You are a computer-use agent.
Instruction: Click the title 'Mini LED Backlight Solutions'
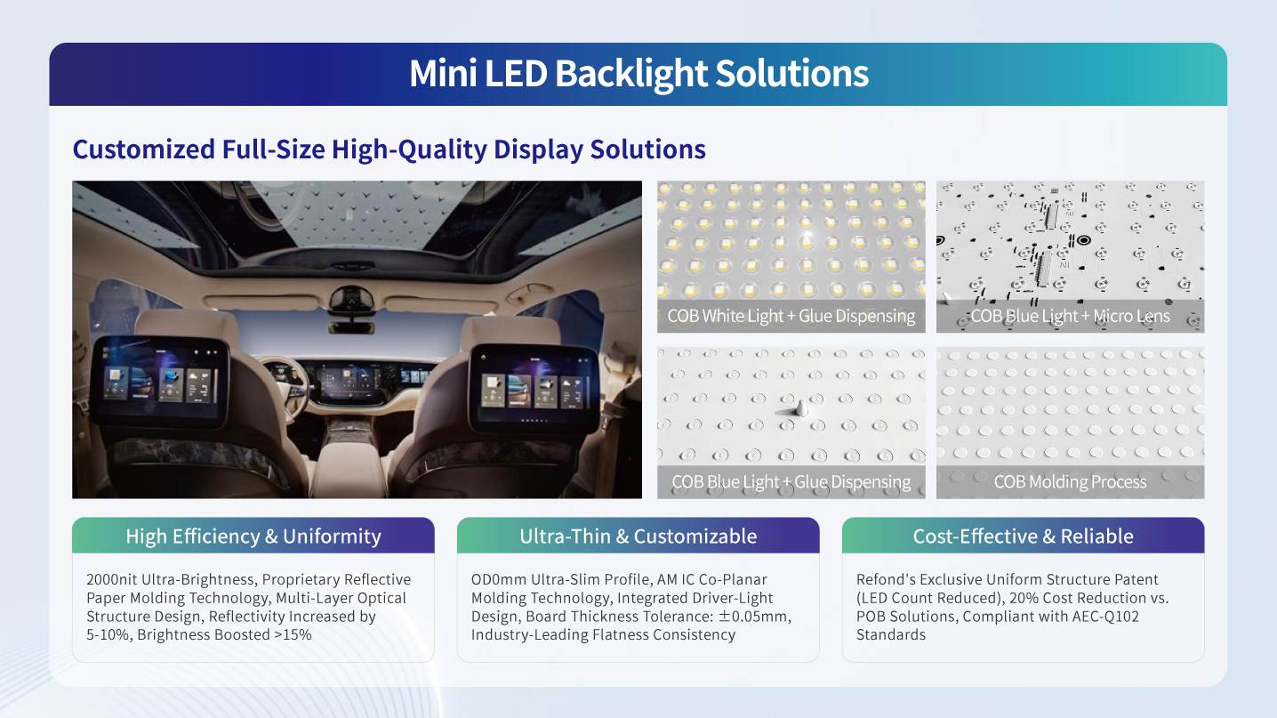click(638, 74)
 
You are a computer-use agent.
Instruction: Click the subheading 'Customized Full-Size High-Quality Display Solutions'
click(389, 149)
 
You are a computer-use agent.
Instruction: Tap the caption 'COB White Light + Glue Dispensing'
click(791, 316)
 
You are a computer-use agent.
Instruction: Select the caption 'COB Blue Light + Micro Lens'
click(1070, 316)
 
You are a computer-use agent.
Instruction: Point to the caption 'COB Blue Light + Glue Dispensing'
click(791, 482)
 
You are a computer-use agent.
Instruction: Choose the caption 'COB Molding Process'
click(1070, 482)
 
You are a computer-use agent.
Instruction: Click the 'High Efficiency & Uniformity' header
click(253, 536)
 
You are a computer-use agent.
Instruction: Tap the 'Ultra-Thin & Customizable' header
click(638, 536)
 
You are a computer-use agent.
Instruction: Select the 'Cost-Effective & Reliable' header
click(1024, 536)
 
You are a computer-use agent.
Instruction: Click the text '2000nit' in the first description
click(112, 579)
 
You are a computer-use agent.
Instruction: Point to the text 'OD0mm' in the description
click(498, 579)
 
